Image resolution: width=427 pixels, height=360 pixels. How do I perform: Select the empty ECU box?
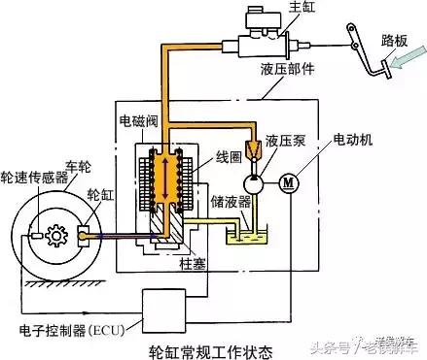[163, 311]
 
